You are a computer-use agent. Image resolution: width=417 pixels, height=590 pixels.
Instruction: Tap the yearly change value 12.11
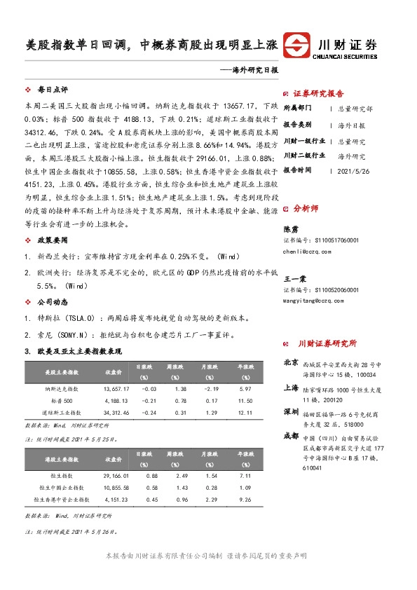[x=245, y=413]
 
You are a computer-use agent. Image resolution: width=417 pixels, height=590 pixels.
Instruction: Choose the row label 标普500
[x=61, y=401]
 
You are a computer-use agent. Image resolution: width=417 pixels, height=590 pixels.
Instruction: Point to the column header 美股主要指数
[x=61, y=371]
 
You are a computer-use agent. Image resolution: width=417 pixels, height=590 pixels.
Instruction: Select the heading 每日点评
[x=52, y=90]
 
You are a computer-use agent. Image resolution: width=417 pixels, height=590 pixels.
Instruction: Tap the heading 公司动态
[x=52, y=303]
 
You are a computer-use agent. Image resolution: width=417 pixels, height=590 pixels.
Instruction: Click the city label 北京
[x=292, y=363]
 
